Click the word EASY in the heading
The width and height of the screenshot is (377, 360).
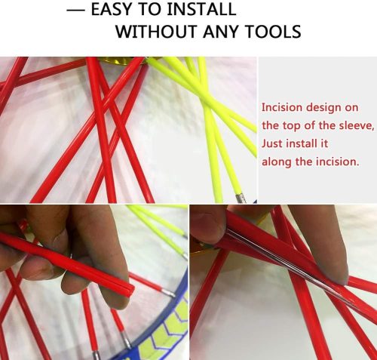point(112,9)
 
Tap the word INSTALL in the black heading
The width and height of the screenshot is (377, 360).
point(201,9)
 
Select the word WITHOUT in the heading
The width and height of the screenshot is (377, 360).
point(156,32)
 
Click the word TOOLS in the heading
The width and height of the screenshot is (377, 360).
point(273,32)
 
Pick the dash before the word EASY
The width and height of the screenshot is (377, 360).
point(75,10)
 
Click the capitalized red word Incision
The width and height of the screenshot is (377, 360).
point(282,107)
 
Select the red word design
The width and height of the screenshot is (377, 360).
point(323,108)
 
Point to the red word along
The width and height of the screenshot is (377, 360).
point(277,162)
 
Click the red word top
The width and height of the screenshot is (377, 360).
point(291,126)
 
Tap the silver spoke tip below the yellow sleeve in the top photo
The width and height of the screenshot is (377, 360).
point(241,198)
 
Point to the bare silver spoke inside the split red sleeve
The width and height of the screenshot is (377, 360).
point(289,266)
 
